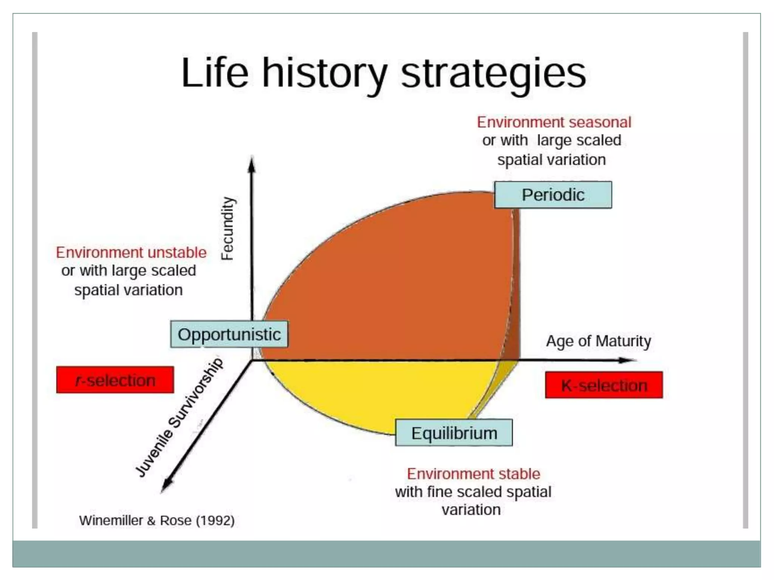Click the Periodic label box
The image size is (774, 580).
[553, 195]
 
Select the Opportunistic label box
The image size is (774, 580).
[229, 335]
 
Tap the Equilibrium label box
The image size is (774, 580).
[454, 433]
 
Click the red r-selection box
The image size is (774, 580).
[115, 380]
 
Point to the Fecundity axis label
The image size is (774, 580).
[228, 229]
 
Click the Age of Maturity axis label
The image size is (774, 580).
[598, 341]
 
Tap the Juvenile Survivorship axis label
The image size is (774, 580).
[179, 418]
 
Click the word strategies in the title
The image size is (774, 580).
[493, 73]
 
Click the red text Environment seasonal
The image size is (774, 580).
[554, 122]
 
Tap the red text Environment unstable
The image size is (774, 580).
[131, 252]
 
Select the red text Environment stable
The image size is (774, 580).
[473, 474]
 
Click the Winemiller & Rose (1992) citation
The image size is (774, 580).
[156, 521]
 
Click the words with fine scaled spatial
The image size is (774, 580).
[473, 492]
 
